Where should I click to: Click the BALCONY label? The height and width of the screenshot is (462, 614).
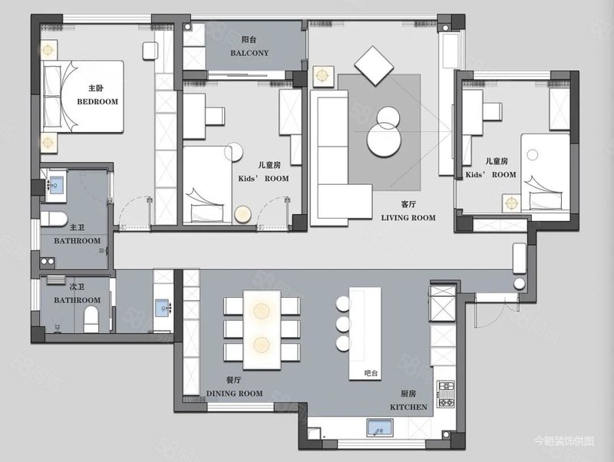tap(249, 53)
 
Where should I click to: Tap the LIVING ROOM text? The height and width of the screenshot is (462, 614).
tap(408, 218)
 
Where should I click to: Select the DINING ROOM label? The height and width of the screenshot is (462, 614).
tap(235, 394)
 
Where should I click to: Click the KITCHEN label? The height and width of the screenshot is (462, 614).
tap(408, 408)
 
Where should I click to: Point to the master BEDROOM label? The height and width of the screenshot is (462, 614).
tap(97, 102)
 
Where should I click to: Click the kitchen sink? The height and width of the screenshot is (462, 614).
tap(380, 427)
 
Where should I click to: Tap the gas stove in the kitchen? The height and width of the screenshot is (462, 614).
tap(446, 394)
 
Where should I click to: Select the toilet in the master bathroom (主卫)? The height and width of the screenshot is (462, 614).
tap(54, 219)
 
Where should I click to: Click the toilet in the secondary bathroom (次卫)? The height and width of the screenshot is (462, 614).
tap(91, 319)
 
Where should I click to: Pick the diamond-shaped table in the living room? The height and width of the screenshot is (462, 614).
tap(374, 66)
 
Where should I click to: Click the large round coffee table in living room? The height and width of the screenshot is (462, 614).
tap(384, 140)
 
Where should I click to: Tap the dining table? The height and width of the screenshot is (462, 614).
tap(262, 330)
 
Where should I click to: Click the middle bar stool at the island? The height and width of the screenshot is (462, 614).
tap(343, 324)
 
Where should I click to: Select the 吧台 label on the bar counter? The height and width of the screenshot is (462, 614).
tap(371, 373)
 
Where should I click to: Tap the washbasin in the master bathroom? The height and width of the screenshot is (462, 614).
tap(56, 183)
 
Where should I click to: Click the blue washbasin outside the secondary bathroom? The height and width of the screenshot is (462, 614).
tap(163, 308)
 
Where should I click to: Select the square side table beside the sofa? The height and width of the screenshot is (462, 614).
tap(323, 76)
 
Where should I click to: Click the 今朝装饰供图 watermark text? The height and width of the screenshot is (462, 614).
tap(564, 441)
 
